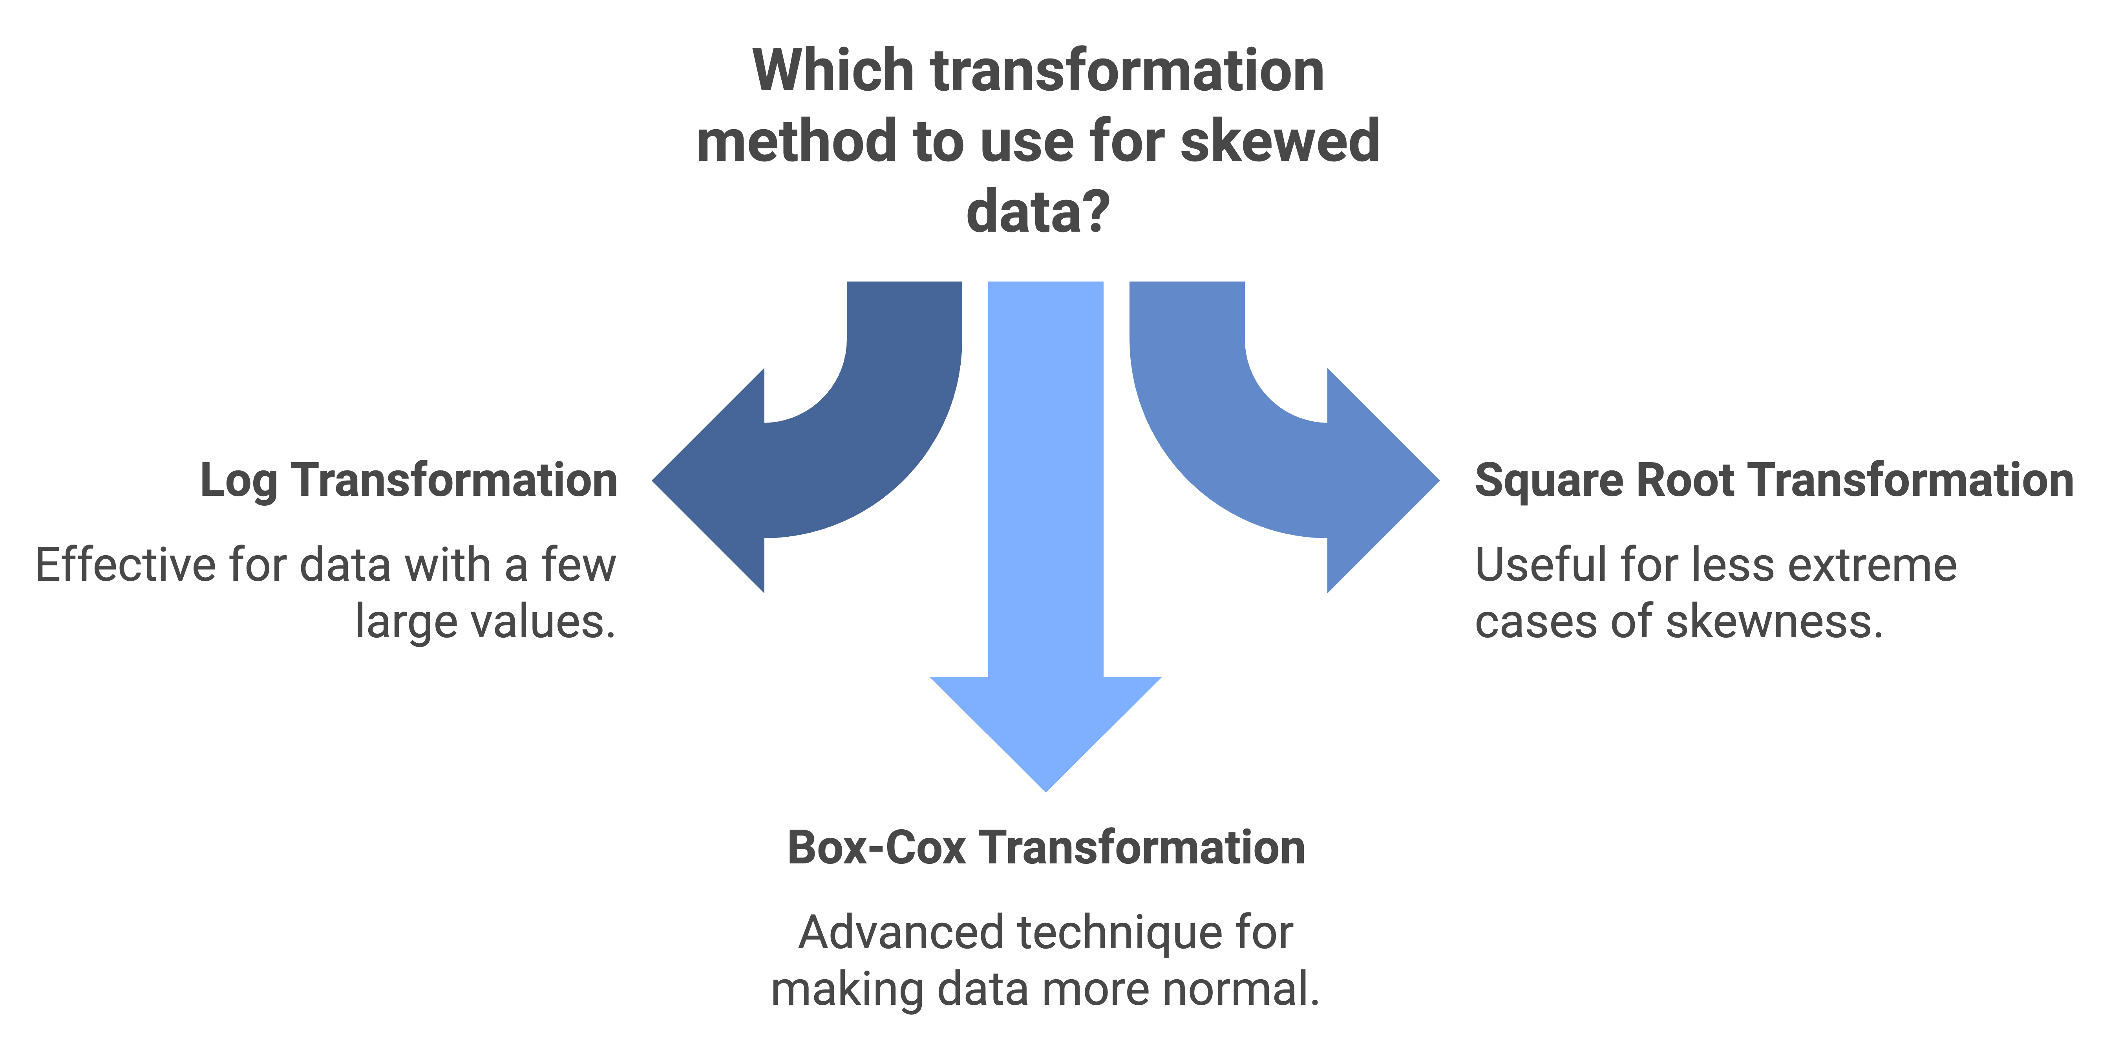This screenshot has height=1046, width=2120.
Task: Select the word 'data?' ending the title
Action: [1038, 212]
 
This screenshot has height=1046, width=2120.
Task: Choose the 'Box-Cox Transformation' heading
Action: [1046, 848]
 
